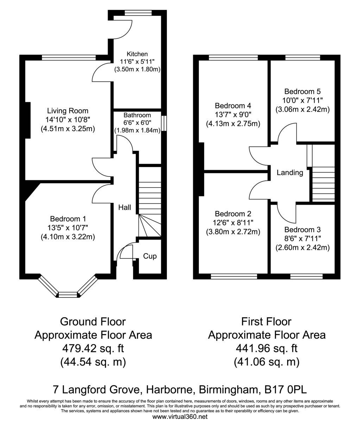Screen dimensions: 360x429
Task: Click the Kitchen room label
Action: point(137,54)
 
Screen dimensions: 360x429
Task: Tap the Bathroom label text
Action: point(137,115)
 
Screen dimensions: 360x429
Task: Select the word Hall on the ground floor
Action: point(125,207)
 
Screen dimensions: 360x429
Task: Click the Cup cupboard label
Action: point(150,256)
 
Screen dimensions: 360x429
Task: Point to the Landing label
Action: point(290,173)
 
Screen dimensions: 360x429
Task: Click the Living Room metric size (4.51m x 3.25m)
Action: point(68,129)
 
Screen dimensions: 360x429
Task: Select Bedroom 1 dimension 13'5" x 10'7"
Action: point(68,228)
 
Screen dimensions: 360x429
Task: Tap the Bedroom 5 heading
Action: point(302,91)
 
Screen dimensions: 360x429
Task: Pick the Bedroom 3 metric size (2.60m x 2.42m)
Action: point(302,248)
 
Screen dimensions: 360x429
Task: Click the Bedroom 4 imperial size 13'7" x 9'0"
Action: point(233,115)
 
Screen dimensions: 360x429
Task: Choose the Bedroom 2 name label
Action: point(233,214)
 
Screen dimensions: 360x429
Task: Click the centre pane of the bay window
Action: point(68,295)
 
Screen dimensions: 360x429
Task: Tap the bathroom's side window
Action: point(164,123)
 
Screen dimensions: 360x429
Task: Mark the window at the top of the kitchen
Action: point(138,13)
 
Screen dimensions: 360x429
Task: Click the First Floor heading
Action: point(266,322)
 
